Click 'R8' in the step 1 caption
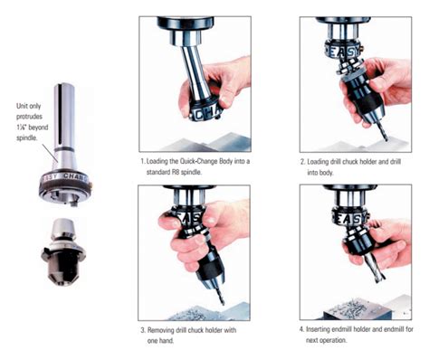pos(181,170)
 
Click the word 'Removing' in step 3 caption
pos(168,328)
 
